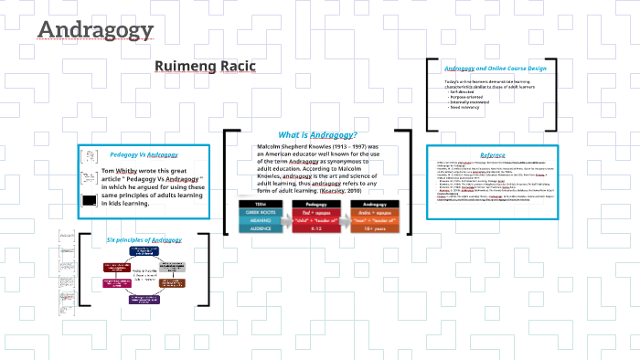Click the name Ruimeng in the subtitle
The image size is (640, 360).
click(187, 67)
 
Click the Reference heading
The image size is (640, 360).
click(492, 154)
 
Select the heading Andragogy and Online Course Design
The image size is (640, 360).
click(494, 69)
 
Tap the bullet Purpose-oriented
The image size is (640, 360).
click(469, 98)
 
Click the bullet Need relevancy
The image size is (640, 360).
click(466, 109)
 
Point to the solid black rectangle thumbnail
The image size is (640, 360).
click(90, 200)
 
